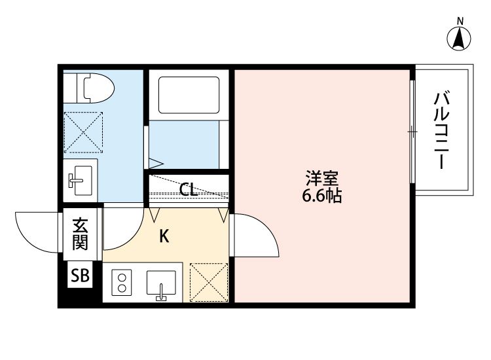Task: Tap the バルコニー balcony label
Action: pos(443,131)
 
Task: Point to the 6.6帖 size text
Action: pos(322,196)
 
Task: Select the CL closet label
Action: pos(189,190)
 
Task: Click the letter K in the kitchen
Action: pos(165,236)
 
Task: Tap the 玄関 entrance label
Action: pos(80,234)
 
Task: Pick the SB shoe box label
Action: pos(81,276)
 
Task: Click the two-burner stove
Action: pos(122,283)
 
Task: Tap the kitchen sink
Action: pos(162,283)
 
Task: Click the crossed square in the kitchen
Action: pos(208,282)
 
